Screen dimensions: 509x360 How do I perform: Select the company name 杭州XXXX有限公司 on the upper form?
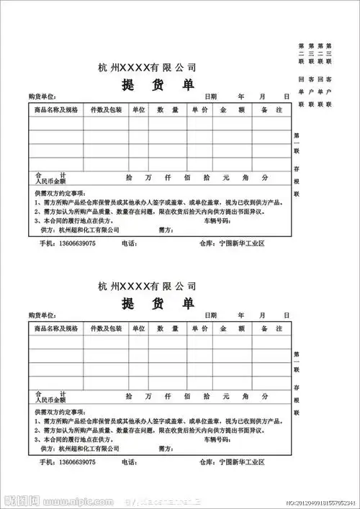pos(147,68)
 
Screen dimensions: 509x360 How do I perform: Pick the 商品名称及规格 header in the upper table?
pos(55,109)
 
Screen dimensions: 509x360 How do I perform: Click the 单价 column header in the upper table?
pos(199,109)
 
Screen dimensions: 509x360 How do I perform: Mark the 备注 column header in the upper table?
pos(268,109)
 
